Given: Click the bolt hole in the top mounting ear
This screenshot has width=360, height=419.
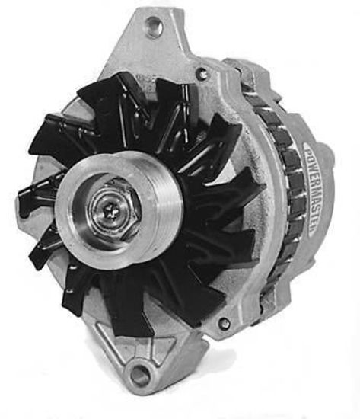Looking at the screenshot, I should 155,28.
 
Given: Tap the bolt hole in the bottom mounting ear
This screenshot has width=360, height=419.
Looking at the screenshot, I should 139,373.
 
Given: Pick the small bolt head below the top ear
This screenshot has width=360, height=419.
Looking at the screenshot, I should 202,74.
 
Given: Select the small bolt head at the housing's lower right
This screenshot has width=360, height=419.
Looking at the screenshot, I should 225,323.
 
